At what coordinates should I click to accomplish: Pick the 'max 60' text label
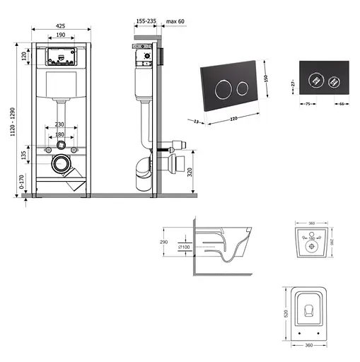click(176, 22)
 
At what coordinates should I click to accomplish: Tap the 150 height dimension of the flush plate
click(266, 78)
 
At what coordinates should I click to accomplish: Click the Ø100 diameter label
click(184, 247)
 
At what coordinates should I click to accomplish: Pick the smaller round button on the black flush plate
click(242, 89)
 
